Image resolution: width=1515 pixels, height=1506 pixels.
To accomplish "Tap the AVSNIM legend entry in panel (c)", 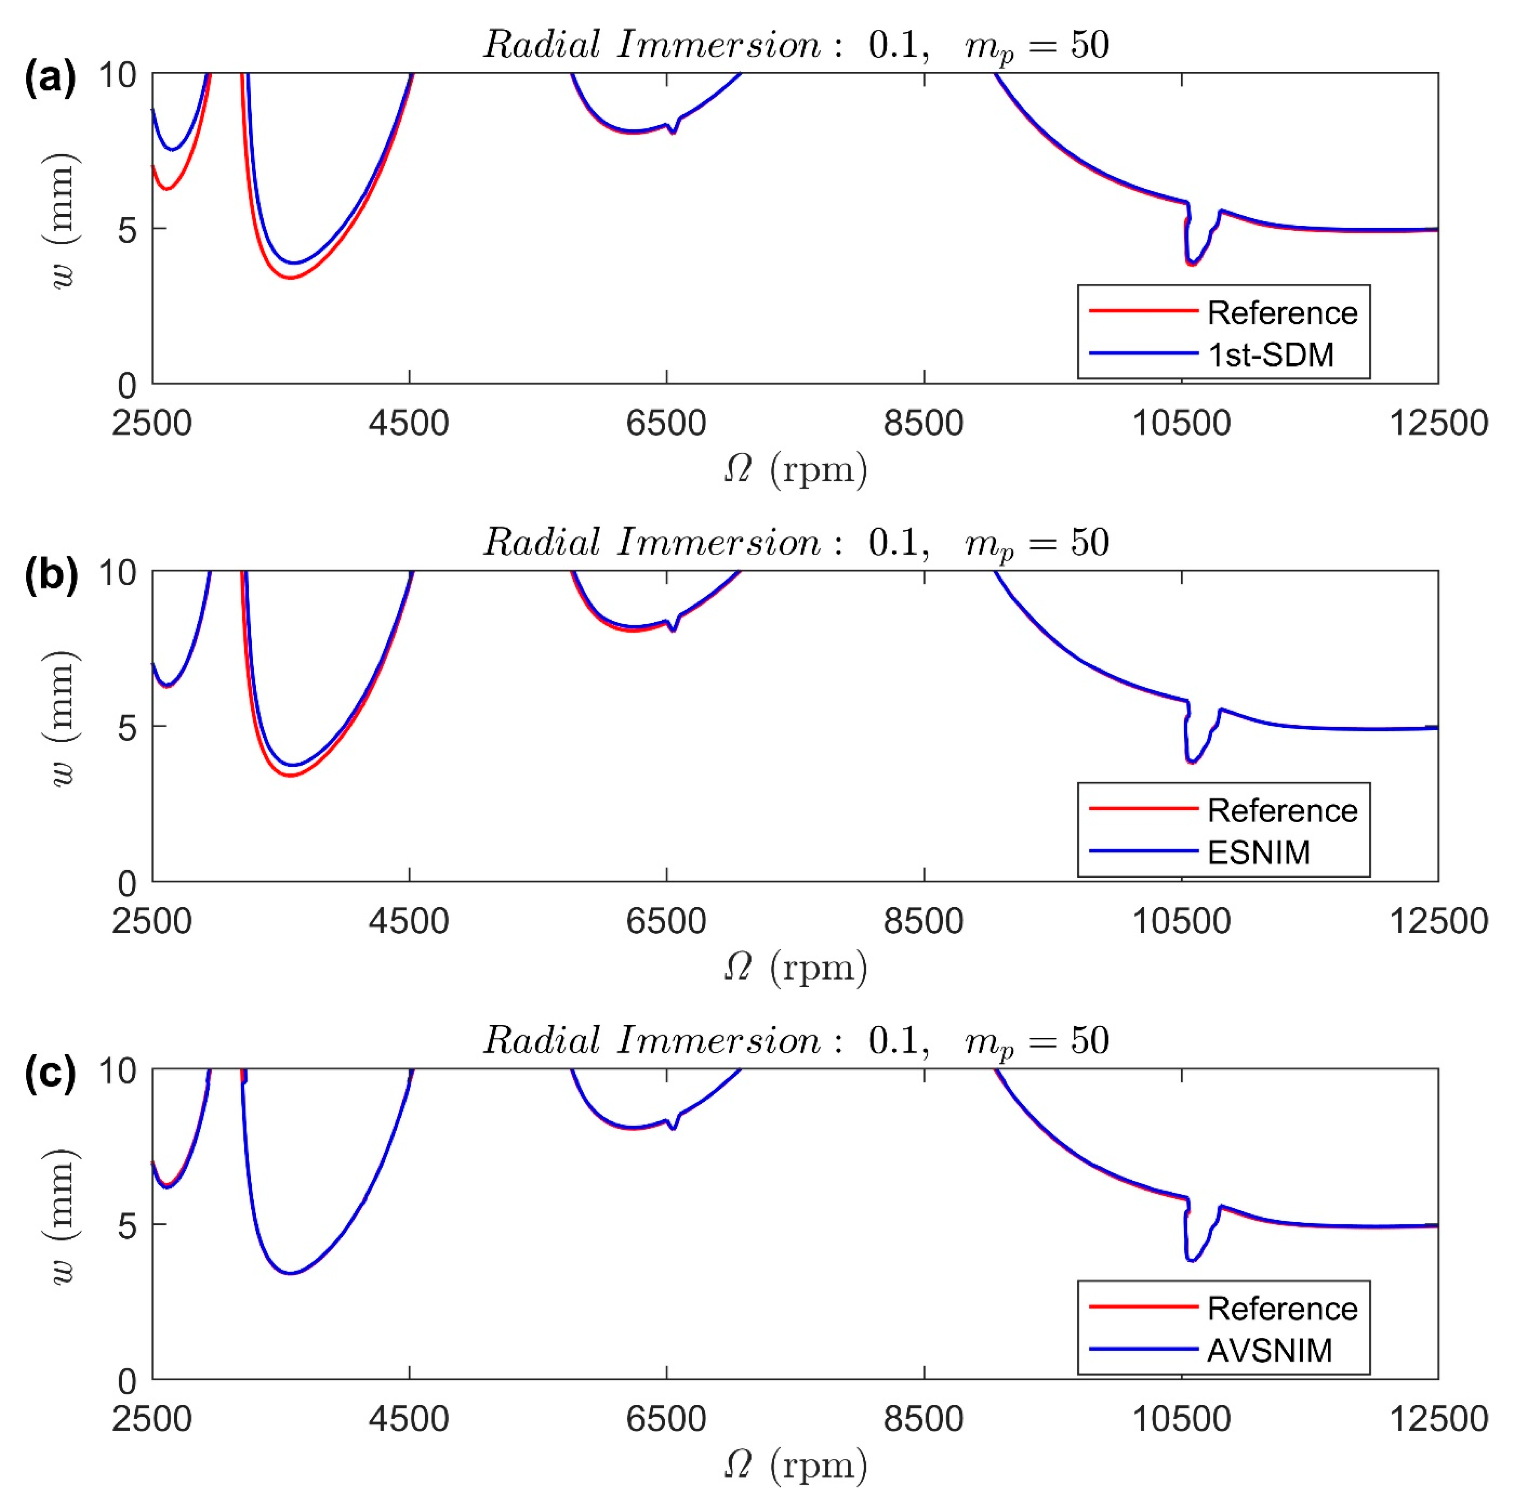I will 1269,1350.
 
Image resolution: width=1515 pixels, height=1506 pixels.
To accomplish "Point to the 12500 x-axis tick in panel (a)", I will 1438,423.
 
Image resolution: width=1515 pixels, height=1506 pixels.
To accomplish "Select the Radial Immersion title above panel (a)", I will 794,45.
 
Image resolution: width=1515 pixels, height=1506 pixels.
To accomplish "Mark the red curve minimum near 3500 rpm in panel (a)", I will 291,278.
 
